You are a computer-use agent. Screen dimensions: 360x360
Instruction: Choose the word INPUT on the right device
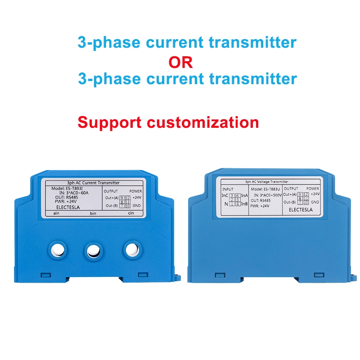(229, 189)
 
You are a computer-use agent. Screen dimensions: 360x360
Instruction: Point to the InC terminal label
(225, 195)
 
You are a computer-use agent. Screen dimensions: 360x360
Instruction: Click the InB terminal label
(244, 204)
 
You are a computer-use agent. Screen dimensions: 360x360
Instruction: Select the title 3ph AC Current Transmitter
(93, 183)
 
